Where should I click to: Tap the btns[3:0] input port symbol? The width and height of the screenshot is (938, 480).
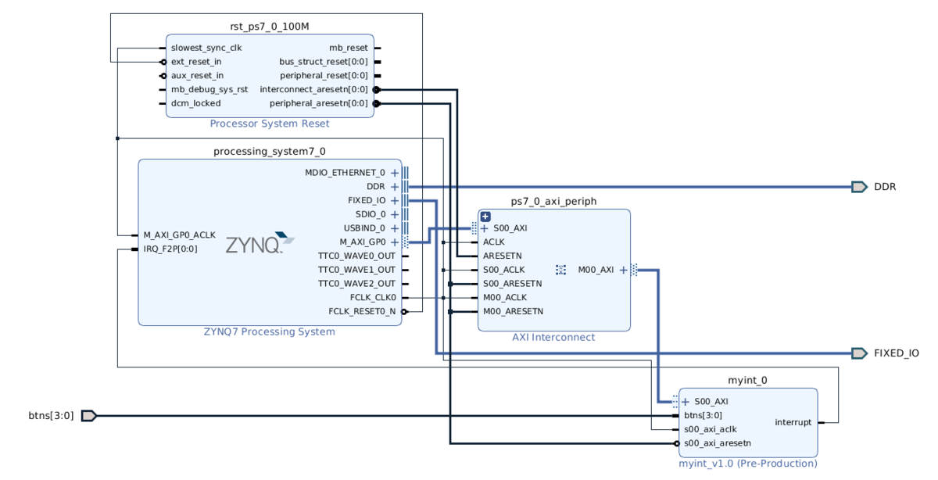pos(88,415)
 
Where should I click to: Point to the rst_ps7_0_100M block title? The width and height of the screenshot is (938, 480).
pos(270,27)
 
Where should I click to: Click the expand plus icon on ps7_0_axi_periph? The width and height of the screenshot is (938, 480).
pos(485,217)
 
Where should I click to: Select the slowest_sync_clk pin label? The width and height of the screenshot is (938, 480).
pos(206,48)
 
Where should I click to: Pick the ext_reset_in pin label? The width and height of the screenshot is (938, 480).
pos(196,62)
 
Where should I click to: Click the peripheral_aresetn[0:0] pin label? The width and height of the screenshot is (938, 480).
pos(318,103)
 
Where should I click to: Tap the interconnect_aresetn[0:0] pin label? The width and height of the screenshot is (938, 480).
pos(313,89)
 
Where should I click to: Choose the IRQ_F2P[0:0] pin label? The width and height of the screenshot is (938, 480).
pos(170,249)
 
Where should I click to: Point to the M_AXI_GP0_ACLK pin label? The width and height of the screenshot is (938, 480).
pos(179,235)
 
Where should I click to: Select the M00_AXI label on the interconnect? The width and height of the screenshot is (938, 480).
pos(596,270)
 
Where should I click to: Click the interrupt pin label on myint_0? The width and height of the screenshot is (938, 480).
pos(793,422)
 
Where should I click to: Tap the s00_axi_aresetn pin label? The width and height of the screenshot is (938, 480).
pos(717,443)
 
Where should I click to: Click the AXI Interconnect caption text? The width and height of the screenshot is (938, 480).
pos(553,338)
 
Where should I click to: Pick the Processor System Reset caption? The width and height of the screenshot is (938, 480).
pos(270,124)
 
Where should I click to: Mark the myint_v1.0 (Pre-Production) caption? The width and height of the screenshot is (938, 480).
pos(747,464)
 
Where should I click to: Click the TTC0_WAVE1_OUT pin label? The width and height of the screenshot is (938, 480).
pos(356,270)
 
